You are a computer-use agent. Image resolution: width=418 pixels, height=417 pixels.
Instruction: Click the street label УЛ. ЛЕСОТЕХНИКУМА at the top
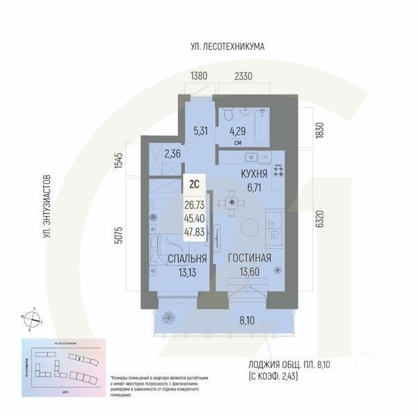click(228, 47)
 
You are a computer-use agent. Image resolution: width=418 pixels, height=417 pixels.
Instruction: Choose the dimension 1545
click(118, 161)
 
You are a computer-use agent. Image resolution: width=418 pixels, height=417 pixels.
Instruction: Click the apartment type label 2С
click(195, 185)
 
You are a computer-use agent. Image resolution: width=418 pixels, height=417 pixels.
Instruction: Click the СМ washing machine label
click(238, 143)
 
